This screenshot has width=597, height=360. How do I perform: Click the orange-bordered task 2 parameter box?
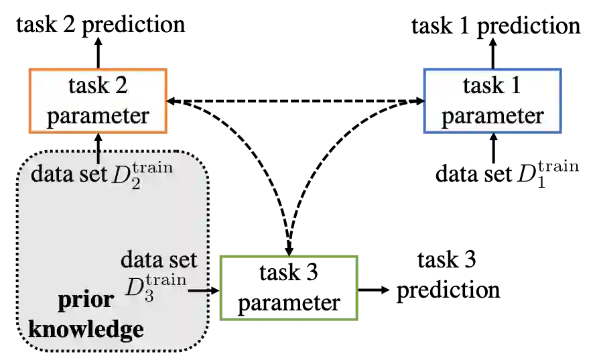98,100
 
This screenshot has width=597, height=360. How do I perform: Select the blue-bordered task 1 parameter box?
491,100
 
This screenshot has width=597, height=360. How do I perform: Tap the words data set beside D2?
70,174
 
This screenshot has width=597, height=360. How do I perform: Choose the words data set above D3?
159,259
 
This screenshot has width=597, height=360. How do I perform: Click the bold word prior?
86,299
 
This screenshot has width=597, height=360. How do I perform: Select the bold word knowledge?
86,329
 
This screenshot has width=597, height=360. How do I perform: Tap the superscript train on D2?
152,166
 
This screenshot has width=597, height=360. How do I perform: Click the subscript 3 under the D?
149,296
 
